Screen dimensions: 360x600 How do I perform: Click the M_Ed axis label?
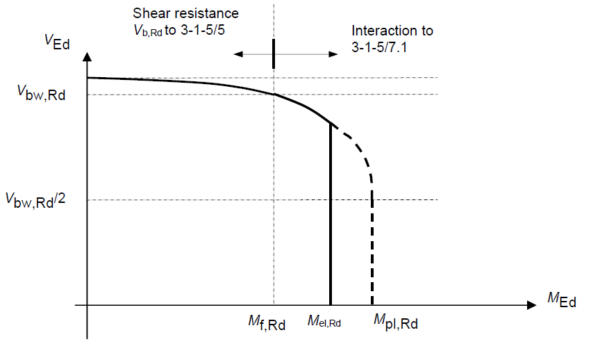coord(561,299)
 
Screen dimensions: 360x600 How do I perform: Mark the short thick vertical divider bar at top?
coord(274,54)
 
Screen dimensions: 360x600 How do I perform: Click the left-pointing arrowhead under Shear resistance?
coord(237,54)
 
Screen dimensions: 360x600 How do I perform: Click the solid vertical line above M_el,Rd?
coord(329,215)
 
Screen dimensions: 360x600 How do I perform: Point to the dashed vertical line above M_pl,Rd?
coord(373,250)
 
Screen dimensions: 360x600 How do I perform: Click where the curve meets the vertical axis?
coord(87,78)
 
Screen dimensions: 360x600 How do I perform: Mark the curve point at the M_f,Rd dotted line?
coord(274,94)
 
